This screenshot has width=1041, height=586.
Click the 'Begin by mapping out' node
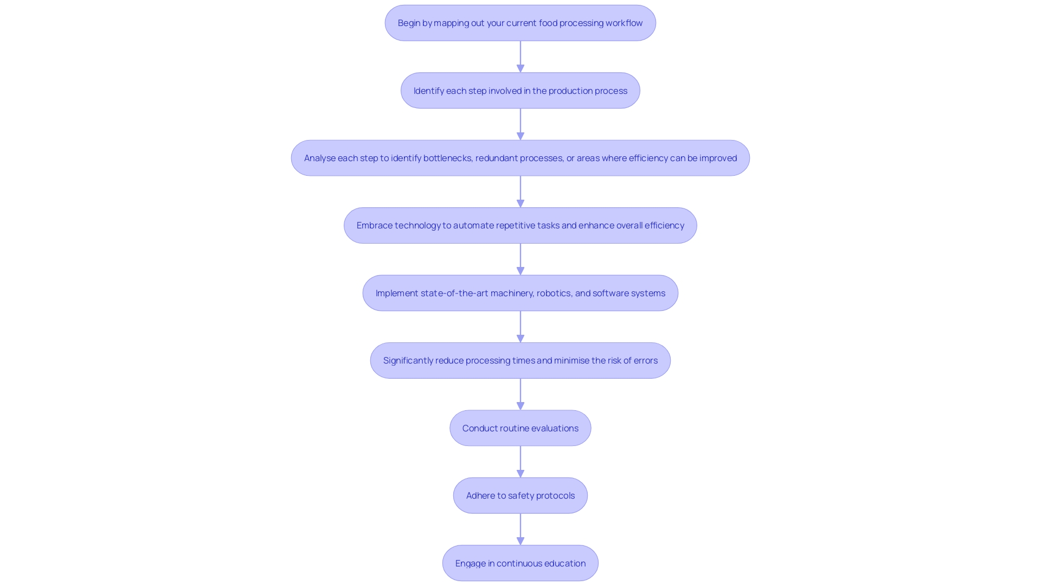point(520,23)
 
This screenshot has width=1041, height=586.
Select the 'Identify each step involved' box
point(520,91)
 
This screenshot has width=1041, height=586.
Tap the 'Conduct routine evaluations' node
point(520,428)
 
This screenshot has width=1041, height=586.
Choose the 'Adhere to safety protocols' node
point(520,495)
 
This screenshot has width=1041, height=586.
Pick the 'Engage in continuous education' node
point(520,563)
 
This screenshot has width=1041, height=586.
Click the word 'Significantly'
point(408,360)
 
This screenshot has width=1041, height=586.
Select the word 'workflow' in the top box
point(624,23)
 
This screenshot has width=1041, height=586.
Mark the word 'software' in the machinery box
point(610,293)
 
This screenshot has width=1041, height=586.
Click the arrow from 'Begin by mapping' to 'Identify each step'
point(520,56)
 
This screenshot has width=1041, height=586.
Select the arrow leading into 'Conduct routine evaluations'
point(520,394)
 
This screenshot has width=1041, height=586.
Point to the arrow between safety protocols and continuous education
point(520,529)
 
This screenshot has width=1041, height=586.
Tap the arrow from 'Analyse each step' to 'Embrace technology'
point(520,192)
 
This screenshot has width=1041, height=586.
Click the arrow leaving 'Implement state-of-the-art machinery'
point(520,327)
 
